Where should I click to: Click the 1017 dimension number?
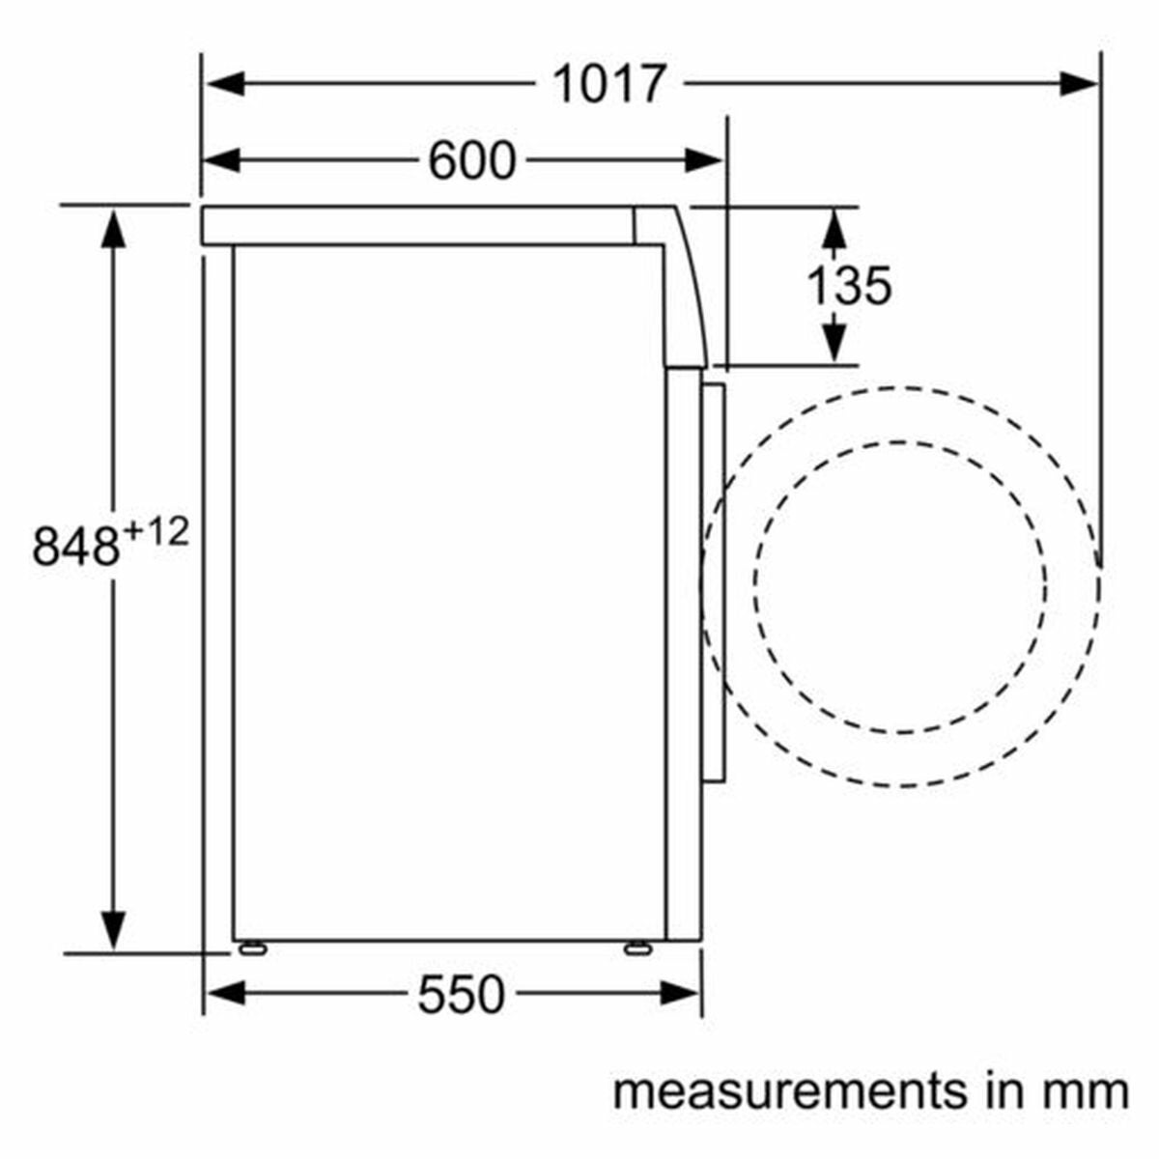609,84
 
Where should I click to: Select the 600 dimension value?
472,160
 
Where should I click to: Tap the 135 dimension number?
849,286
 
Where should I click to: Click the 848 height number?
75,548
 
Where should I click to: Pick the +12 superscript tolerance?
156,533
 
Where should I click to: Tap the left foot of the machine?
253,948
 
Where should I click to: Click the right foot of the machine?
637,948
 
